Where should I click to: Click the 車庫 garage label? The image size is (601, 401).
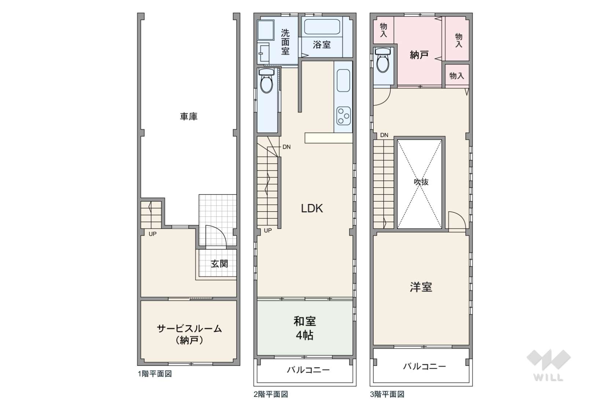click(x=188, y=117)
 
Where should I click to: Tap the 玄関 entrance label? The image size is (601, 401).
click(x=219, y=264)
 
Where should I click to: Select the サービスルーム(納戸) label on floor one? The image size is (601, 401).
click(x=189, y=334)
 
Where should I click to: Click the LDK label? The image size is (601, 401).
click(x=312, y=208)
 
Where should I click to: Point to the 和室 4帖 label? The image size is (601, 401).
click(x=304, y=328)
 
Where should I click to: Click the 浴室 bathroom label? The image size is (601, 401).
click(x=322, y=45)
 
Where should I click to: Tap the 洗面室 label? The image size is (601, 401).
click(x=285, y=42)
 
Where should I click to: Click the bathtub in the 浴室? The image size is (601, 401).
click(x=322, y=27)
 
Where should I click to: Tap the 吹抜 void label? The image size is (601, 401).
click(x=421, y=182)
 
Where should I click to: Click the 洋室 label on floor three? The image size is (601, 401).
click(x=421, y=287)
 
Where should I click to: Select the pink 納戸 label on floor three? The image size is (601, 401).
click(x=419, y=55)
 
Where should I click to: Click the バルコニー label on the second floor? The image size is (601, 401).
click(x=308, y=369)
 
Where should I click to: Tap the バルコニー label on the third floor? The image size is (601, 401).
click(x=424, y=366)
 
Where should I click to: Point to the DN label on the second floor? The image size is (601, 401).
click(x=286, y=147)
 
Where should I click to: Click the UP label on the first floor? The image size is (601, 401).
click(x=153, y=234)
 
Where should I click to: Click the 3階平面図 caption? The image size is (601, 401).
click(x=387, y=394)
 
